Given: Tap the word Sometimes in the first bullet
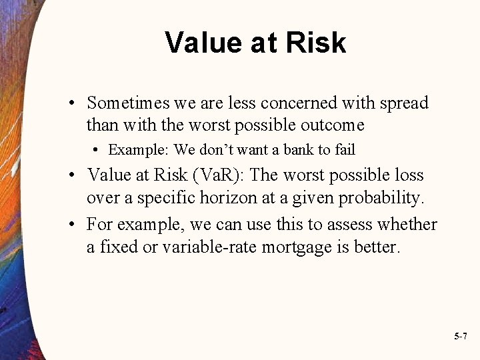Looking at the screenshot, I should tap(128, 103).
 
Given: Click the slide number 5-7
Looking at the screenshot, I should tap(460, 337).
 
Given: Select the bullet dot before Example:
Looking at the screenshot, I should tap(97, 150).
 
